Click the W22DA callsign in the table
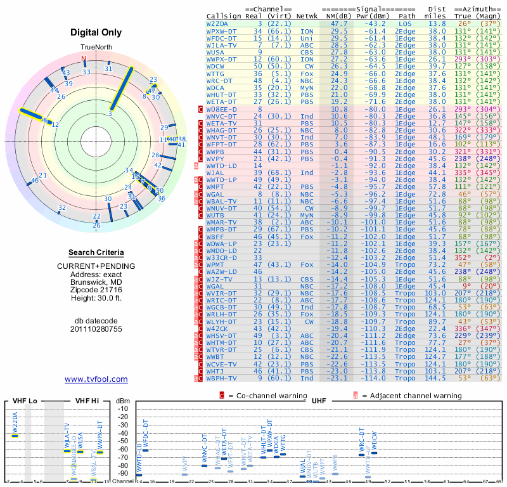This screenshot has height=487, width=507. pyautogui.click(x=219, y=23)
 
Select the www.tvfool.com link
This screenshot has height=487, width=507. pyautogui.click(x=96, y=379)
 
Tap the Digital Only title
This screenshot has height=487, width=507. pyautogui.click(x=96, y=32)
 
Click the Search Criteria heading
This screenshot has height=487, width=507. pyautogui.click(x=96, y=252)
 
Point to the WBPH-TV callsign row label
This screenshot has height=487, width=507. pyautogui.click(x=222, y=379)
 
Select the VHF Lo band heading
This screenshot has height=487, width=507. pyautogui.click(x=23, y=401)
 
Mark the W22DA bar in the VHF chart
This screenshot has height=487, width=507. pyautogui.click(x=15, y=436)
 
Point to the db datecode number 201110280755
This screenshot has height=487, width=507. pyautogui.click(x=96, y=329)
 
